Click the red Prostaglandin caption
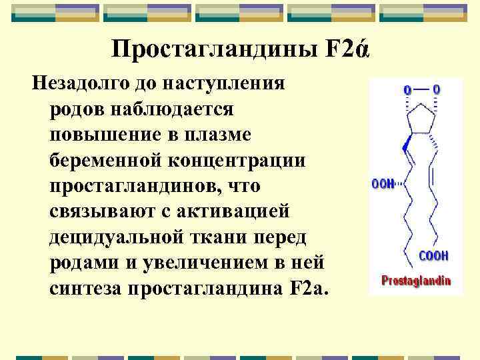(415, 281)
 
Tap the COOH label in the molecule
(433, 256)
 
